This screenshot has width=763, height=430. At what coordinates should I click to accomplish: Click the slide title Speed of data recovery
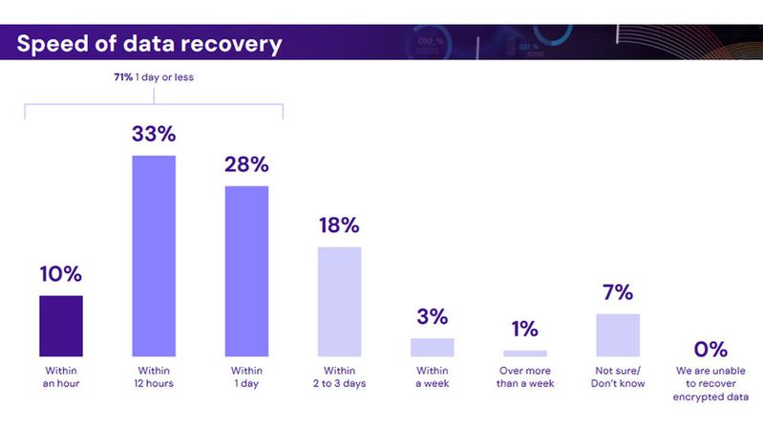pyautogui.click(x=149, y=44)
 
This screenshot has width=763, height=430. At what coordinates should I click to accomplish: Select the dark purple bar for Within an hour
pyautogui.click(x=61, y=326)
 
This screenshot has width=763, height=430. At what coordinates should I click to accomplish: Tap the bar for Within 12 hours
pyautogui.click(x=154, y=256)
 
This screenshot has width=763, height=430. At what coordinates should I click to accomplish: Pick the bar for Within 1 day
pyautogui.click(x=246, y=271)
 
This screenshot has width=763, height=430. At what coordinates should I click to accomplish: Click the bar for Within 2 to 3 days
pyautogui.click(x=339, y=302)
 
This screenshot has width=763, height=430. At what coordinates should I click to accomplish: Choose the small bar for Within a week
pyautogui.click(x=432, y=347)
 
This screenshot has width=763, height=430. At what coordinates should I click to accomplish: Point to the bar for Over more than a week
pyautogui.click(x=524, y=354)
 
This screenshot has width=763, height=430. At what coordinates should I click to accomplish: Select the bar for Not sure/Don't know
pyautogui.click(x=617, y=335)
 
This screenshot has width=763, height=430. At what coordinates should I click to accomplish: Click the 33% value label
pyautogui.click(x=154, y=135)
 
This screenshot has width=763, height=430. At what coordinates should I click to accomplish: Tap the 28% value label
pyautogui.click(x=246, y=164)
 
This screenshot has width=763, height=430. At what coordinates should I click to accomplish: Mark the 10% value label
pyautogui.click(x=61, y=274)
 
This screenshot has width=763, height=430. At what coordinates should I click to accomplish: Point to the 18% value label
pyautogui.click(x=339, y=226)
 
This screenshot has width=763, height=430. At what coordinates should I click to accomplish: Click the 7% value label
pyautogui.click(x=617, y=293)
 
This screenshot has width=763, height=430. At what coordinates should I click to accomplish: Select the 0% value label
pyautogui.click(x=710, y=349)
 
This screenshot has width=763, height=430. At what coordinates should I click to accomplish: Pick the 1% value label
pyautogui.click(x=524, y=330)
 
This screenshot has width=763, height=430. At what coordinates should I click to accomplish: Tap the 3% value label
pyautogui.click(x=432, y=317)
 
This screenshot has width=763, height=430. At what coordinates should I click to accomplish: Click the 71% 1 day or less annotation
pyautogui.click(x=154, y=77)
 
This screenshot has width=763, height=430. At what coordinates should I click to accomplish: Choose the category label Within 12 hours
pyautogui.click(x=154, y=376)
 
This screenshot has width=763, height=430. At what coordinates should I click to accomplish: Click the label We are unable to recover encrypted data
pyautogui.click(x=710, y=383)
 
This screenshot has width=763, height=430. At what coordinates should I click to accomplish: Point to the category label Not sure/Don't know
pyautogui.click(x=617, y=376)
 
